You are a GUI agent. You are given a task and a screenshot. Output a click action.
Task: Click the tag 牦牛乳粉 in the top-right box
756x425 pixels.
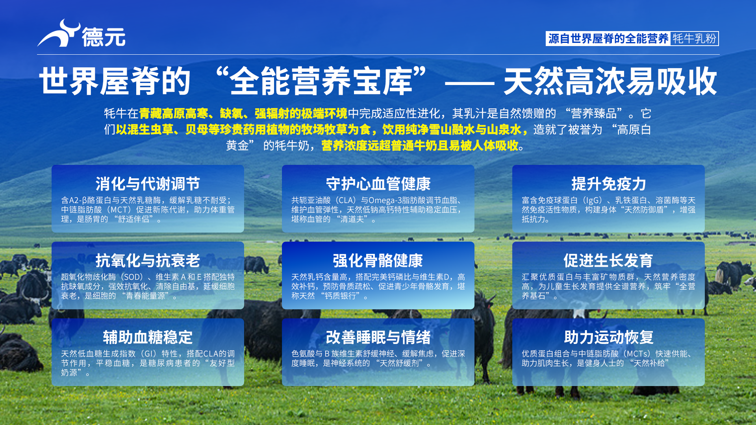tap(694, 39)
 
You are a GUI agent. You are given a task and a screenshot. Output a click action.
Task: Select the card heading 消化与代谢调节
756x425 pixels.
tap(148, 184)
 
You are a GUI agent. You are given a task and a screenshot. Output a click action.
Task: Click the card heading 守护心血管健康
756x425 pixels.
tap(378, 184)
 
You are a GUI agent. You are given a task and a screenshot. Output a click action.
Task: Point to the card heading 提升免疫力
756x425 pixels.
tap(608, 184)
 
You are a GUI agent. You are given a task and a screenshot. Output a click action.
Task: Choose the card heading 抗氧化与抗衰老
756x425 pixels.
tap(148, 261)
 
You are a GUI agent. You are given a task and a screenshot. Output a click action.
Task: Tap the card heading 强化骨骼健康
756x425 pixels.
tap(378, 261)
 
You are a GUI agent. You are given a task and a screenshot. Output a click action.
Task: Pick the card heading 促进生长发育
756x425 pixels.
tap(608, 261)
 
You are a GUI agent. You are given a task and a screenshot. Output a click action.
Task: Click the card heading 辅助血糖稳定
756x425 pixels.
tap(148, 337)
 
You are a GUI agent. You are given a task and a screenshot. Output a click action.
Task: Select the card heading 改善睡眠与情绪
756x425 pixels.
tap(378, 337)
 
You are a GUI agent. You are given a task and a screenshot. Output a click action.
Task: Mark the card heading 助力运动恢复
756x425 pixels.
tap(608, 337)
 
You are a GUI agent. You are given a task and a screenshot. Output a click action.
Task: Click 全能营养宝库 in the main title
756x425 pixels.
tap(321, 81)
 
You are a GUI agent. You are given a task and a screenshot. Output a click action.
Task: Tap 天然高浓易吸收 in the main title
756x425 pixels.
tap(610, 81)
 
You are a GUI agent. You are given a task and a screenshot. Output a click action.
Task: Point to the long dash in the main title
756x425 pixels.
tap(469, 83)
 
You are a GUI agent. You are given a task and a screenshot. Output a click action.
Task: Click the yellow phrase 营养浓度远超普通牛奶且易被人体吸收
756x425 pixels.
tap(420, 146)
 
